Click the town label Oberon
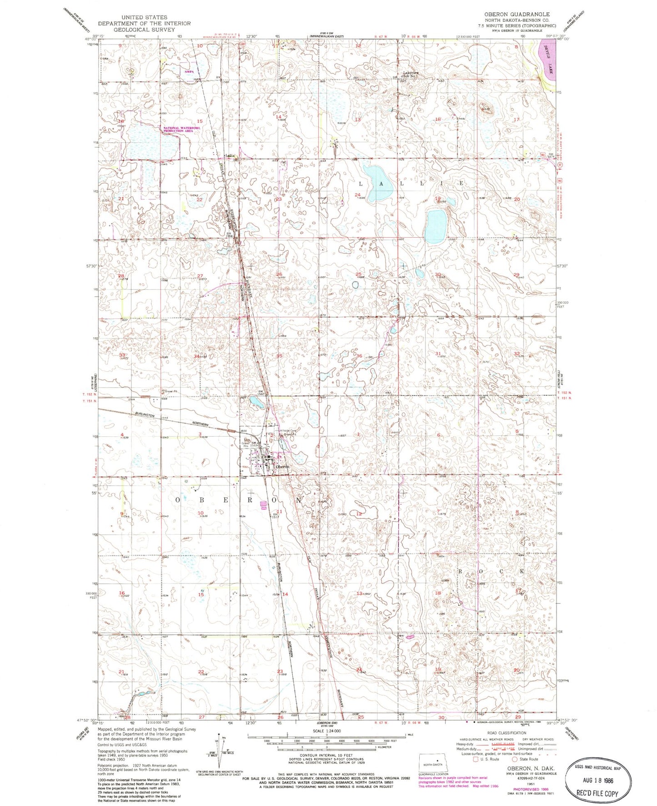[x=282, y=467]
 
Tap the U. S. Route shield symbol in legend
[x=476, y=759]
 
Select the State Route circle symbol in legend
[x=515, y=759]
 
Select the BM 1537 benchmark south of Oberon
[x=275, y=515]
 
